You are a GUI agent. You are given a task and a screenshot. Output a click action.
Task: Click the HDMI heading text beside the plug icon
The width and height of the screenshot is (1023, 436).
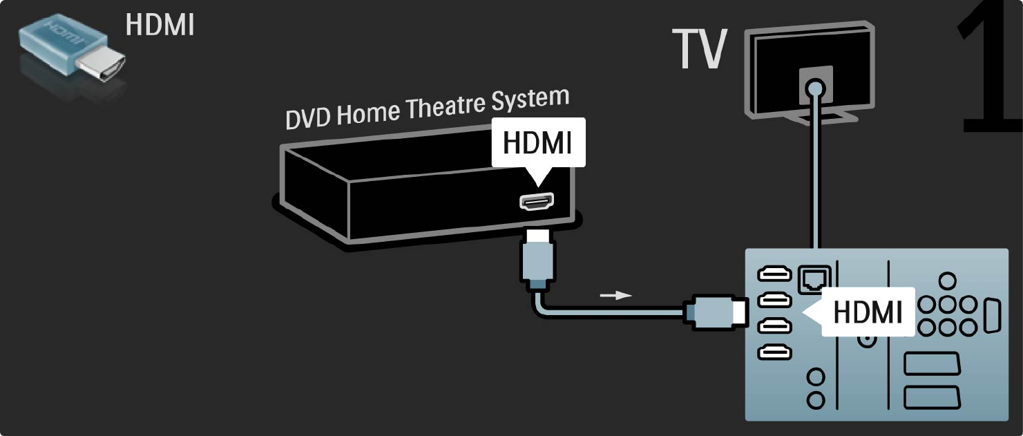click(160, 25)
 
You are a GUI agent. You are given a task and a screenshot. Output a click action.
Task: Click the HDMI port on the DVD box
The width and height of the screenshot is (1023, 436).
click(536, 202)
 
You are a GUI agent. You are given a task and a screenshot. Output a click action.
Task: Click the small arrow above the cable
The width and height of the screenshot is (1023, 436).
click(615, 295)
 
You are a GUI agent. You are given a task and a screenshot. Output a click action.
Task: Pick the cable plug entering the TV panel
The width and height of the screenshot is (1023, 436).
click(714, 312)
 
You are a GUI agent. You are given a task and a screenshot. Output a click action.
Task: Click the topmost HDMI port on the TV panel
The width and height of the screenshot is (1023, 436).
click(774, 275)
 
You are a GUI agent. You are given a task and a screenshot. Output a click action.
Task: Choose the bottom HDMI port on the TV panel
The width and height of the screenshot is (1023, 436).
click(774, 352)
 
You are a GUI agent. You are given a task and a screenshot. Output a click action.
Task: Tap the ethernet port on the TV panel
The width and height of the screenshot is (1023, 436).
click(810, 278)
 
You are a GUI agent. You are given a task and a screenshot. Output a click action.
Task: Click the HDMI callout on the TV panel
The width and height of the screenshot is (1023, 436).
click(866, 312)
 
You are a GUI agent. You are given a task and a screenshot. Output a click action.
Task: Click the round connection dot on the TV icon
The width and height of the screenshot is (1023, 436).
click(816, 88)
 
